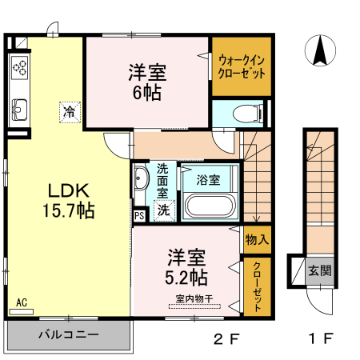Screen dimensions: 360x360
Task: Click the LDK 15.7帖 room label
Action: [69, 201]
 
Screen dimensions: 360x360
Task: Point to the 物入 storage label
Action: [257, 239]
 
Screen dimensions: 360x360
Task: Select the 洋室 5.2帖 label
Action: [187, 267]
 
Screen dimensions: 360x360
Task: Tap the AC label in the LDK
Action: [22, 302]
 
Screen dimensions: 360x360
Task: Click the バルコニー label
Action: [69, 334]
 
